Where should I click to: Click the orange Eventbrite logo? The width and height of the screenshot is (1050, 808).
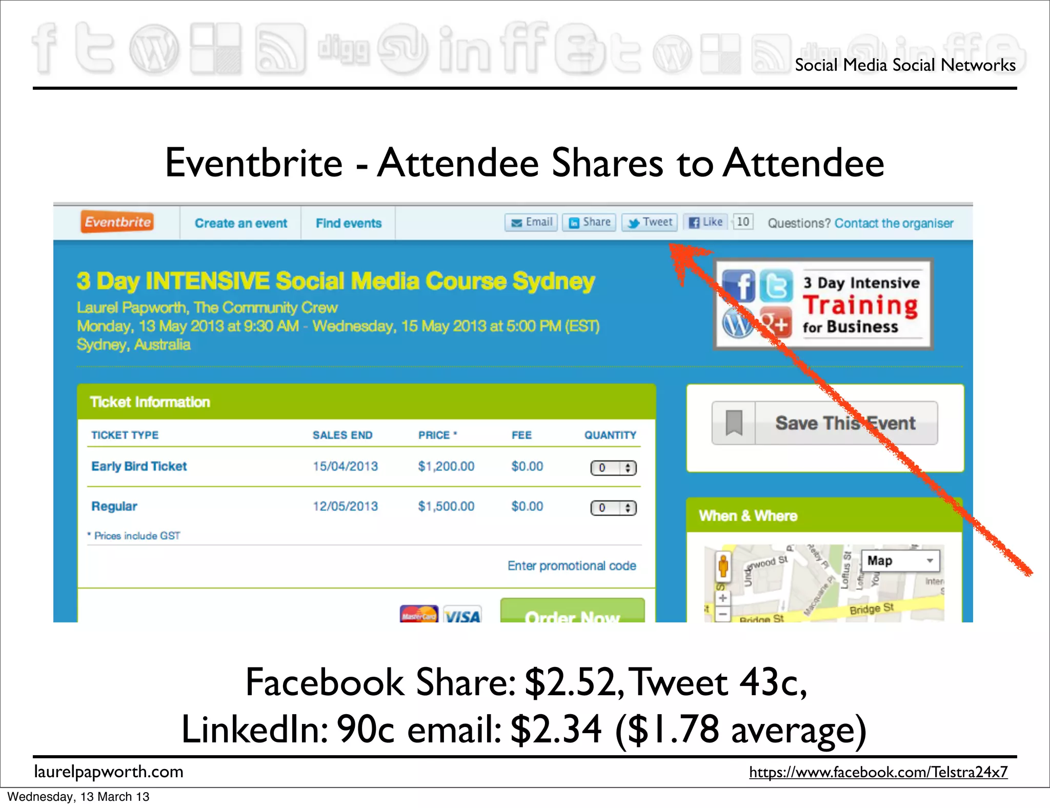(117, 222)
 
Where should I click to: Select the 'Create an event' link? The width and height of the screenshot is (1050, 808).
(240, 224)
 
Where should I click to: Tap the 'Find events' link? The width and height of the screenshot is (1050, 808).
(349, 224)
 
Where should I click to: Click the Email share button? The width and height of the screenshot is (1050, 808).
(531, 223)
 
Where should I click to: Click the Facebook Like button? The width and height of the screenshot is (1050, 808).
(705, 223)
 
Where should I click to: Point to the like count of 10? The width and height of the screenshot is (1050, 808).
(742, 222)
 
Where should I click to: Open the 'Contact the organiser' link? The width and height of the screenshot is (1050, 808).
(894, 224)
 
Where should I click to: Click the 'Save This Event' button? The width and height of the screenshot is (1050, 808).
(824, 423)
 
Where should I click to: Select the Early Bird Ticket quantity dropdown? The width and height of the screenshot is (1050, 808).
(613, 468)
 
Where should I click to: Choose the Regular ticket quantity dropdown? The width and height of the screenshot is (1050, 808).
(613, 508)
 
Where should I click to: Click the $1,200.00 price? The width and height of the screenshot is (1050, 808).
(446, 467)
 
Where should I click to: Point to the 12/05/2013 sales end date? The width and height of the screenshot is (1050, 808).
(345, 507)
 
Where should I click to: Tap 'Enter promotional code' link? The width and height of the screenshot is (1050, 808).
(572, 565)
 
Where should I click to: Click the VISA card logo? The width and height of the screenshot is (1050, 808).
(462, 615)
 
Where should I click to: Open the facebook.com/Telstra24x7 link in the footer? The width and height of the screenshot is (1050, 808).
(878, 772)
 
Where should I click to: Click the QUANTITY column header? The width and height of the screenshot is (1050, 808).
(610, 435)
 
